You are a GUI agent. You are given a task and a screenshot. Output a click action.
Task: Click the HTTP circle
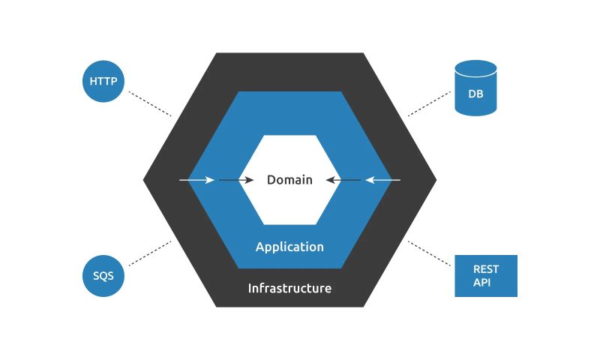(103, 81)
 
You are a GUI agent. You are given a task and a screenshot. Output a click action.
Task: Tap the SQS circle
(103, 275)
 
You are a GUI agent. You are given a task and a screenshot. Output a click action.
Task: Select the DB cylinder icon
(475, 89)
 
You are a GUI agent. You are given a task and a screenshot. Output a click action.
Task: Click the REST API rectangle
(486, 275)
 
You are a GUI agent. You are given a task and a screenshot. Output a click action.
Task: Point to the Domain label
(289, 180)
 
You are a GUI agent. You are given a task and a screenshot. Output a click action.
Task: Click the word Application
(289, 247)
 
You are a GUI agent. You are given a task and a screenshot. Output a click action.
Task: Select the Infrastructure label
(289, 288)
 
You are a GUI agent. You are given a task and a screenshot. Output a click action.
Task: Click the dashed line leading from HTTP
(150, 103)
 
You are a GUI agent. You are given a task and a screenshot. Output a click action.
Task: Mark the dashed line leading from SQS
(150, 253)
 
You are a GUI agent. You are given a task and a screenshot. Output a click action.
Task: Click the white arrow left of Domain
(197, 180)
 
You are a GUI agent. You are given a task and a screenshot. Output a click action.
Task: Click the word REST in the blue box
(485, 269)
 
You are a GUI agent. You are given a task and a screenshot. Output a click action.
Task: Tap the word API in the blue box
(481, 282)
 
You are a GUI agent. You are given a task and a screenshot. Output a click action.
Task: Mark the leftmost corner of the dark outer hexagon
(145, 180)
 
